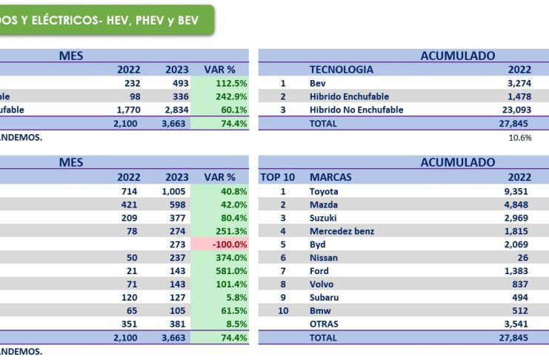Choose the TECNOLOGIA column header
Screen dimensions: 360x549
[341, 70]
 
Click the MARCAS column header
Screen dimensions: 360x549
[330, 177]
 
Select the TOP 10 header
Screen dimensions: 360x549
[279, 177]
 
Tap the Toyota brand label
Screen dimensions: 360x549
[324, 191]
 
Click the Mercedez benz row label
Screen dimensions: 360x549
[342, 231]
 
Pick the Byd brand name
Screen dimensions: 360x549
[318, 244]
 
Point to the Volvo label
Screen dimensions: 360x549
[322, 284]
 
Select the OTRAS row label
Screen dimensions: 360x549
[324, 324]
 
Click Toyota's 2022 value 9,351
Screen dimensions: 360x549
[517, 191]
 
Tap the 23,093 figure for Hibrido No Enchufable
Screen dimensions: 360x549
[515, 110]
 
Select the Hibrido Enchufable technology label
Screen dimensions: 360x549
[349, 97]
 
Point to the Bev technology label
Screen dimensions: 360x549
[317, 84]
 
